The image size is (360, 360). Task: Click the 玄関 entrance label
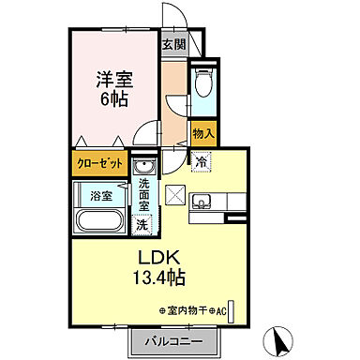click(x=172, y=45)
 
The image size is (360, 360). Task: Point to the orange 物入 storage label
click(x=203, y=134)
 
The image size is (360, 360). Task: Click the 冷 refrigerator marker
click(x=202, y=162)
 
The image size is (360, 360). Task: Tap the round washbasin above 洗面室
click(x=143, y=167)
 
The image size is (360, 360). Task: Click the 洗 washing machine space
click(x=142, y=225)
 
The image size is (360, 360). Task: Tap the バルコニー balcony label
click(x=173, y=342)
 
